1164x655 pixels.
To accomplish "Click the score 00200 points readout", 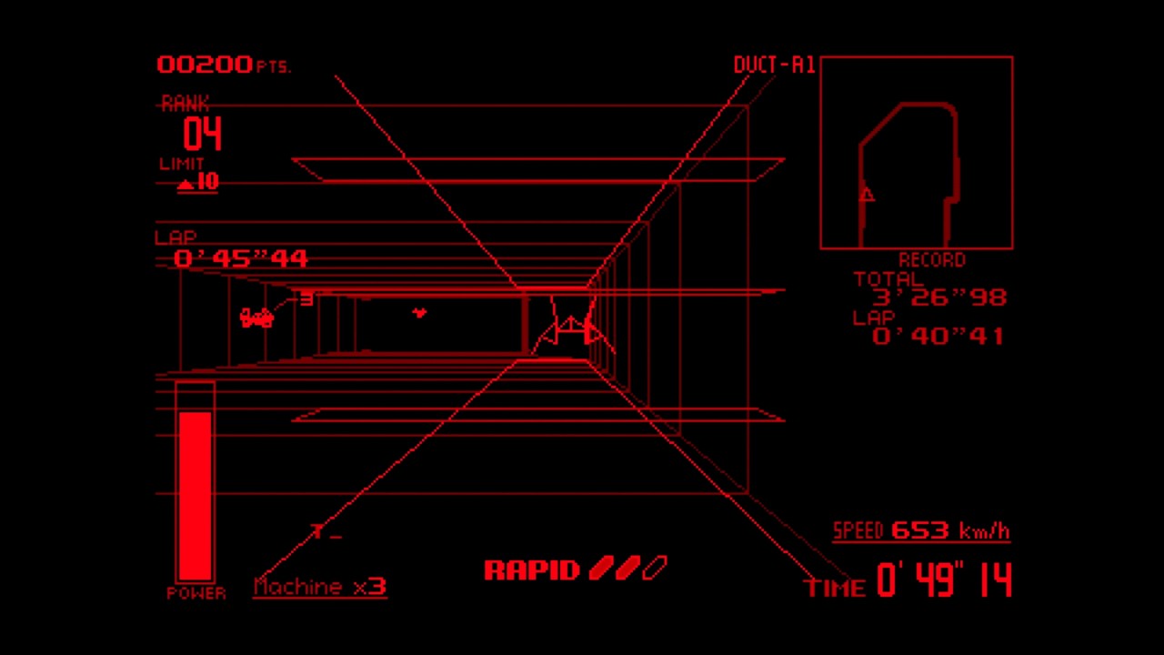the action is click(224, 65).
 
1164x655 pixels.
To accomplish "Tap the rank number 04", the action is click(202, 134).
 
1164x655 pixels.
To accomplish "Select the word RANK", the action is click(185, 104).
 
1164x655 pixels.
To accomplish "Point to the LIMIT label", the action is click(181, 164).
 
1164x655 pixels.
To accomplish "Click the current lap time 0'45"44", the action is click(241, 258).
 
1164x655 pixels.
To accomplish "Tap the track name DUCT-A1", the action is click(774, 65).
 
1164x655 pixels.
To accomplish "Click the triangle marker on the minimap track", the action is click(867, 195).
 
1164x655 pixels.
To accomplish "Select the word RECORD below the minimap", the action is click(932, 259).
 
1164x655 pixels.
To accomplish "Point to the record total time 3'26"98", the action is click(939, 297).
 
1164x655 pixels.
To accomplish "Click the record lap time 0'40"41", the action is click(938, 337).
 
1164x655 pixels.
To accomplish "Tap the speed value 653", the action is click(920, 530).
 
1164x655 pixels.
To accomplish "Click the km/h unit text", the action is click(985, 530).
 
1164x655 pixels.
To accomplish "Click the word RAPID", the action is click(532, 570).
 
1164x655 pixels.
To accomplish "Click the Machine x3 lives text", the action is click(320, 587).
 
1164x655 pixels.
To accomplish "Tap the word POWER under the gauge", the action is click(196, 593).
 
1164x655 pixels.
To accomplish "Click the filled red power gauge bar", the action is click(195, 496).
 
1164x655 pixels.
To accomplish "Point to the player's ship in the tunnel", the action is click(570, 333).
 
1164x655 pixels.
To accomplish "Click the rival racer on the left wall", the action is click(256, 317).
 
